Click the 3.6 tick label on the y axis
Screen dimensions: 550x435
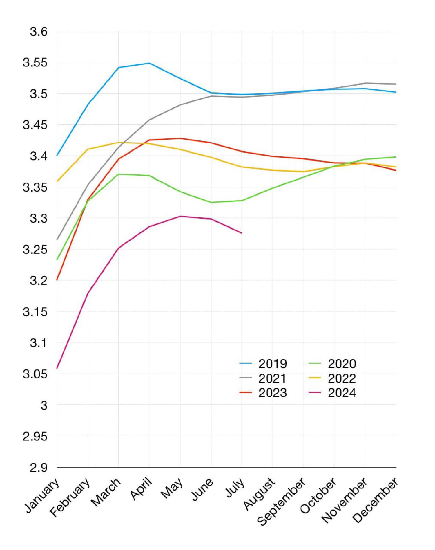[x=38, y=32]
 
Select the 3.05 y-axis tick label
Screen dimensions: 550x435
[x=35, y=374]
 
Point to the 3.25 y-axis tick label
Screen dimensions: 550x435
[x=35, y=250]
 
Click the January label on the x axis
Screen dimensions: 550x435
[x=43, y=495]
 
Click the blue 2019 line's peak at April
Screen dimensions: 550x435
[x=149, y=63]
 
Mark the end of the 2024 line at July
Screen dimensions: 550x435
[x=242, y=233]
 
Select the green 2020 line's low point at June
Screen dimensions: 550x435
[x=211, y=203]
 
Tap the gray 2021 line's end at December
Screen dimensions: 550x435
[x=396, y=84]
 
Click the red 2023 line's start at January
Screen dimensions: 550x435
[x=57, y=280]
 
